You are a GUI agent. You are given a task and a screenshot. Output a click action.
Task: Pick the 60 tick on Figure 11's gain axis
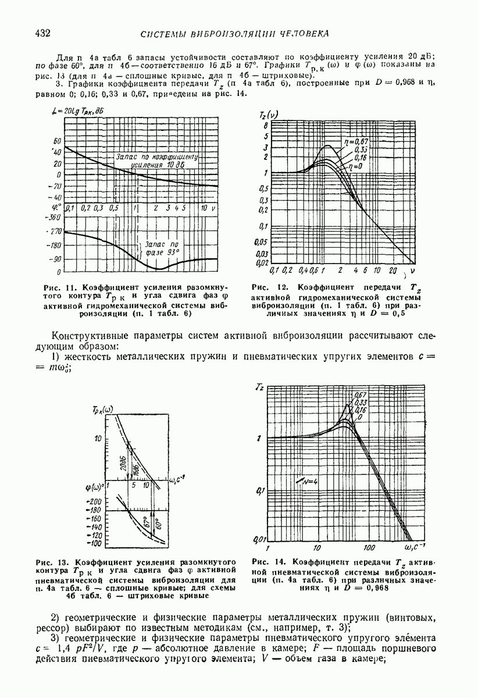(x=57, y=141)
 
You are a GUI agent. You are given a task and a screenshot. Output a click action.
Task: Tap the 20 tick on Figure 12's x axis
(x=393, y=271)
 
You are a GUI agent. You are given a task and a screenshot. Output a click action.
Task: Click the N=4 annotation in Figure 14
(x=306, y=481)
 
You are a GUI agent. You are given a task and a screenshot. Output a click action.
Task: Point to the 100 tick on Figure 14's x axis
(x=368, y=548)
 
